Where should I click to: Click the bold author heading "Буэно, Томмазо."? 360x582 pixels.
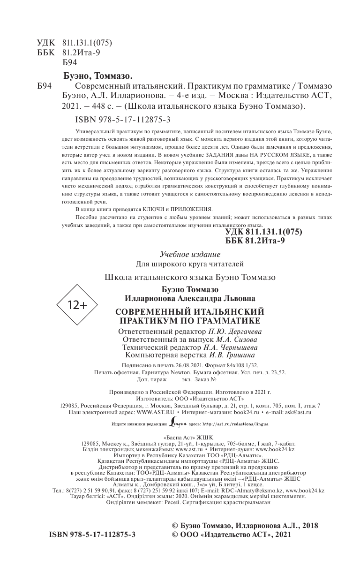[97, 76]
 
